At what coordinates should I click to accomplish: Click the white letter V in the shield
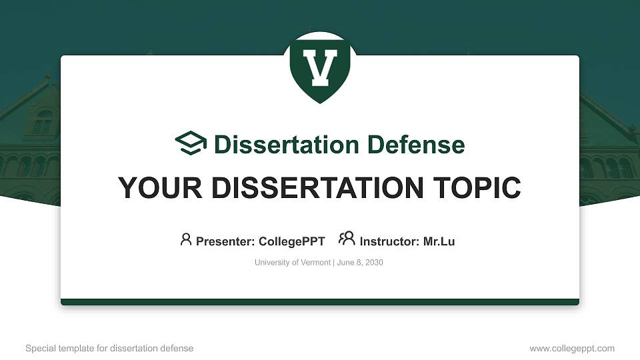(320, 67)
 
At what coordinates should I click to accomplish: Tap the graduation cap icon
(191, 143)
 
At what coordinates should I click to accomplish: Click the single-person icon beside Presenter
(186, 239)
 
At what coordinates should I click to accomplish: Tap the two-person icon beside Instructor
(347, 239)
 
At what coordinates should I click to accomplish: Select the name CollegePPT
(291, 241)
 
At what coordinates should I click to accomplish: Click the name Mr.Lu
(439, 241)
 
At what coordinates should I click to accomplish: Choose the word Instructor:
(389, 241)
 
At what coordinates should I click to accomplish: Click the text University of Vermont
(292, 263)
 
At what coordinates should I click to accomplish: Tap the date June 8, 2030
(360, 263)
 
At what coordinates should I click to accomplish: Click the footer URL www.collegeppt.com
(572, 349)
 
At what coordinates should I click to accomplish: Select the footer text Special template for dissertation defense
(109, 349)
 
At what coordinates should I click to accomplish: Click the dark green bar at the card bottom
(320, 302)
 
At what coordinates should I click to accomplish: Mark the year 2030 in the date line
(373, 263)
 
